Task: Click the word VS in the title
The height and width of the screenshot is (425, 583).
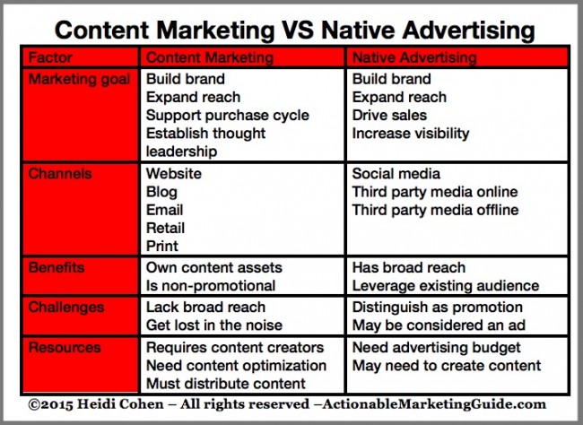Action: pyautogui.click(x=298, y=30)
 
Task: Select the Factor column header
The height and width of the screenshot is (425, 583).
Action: pyautogui.click(x=50, y=57)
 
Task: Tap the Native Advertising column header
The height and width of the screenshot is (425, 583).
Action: pyautogui.click(x=414, y=57)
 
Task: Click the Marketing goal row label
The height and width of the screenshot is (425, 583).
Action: pyautogui.click(x=79, y=80)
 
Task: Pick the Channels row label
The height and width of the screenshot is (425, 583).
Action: pyautogui.click(x=60, y=174)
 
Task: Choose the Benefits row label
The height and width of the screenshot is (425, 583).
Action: pyautogui.click(x=57, y=268)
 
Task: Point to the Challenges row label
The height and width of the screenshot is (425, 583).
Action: pyautogui.click(x=66, y=308)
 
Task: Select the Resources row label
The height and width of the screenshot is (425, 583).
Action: pyautogui.click(x=65, y=347)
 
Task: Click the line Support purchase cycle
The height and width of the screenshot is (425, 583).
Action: pyautogui.click(x=228, y=116)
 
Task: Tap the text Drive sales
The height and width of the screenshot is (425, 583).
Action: pyautogui.click(x=389, y=116)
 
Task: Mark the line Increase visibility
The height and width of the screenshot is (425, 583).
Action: pyautogui.click(x=411, y=134)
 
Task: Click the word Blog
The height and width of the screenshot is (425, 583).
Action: pyautogui.click(x=161, y=192)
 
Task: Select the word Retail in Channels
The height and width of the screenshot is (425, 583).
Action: pyautogui.click(x=165, y=228)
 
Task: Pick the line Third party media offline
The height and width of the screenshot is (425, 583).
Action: pyautogui.click(x=435, y=210)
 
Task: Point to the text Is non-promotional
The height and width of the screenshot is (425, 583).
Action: pyautogui.click(x=211, y=286)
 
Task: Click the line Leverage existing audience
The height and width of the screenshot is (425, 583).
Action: pyautogui.click(x=446, y=286)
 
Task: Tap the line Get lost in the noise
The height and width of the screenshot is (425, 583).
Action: pyautogui.click(x=214, y=325)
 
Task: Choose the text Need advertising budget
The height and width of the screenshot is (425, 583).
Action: pyautogui.click(x=437, y=348)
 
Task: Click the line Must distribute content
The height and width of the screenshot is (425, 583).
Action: pyautogui.click(x=226, y=384)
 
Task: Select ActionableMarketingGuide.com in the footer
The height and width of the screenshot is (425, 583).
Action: pyautogui.click(x=434, y=404)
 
